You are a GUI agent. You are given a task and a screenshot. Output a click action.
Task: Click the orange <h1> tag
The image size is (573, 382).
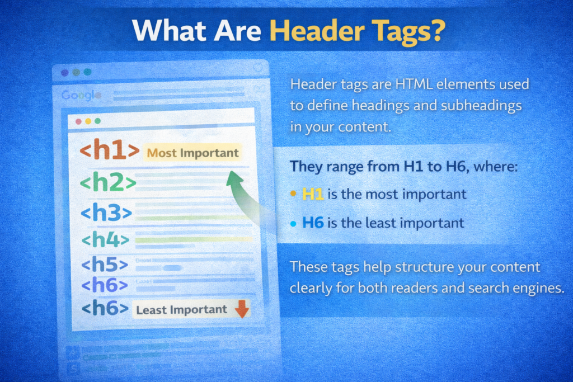coord(110,152)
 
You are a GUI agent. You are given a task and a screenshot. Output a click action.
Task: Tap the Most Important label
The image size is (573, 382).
coord(192,153)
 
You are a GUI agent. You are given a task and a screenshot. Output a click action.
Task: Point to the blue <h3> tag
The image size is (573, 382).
coord(106,213)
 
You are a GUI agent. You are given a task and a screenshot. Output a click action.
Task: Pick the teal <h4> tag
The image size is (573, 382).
coord(105,240)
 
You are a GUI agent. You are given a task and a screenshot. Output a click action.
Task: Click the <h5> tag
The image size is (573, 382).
coord(104,264)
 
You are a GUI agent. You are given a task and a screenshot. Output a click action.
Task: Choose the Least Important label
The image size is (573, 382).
coord(181,309)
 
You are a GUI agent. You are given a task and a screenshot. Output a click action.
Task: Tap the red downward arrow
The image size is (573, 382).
coord(241,309)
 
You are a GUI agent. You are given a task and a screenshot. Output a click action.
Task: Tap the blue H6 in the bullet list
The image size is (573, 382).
coord(313,223)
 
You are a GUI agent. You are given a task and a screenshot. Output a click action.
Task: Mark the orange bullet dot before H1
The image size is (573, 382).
coord(293,194)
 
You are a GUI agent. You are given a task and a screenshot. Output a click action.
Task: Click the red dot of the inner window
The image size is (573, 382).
coord(78,121)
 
